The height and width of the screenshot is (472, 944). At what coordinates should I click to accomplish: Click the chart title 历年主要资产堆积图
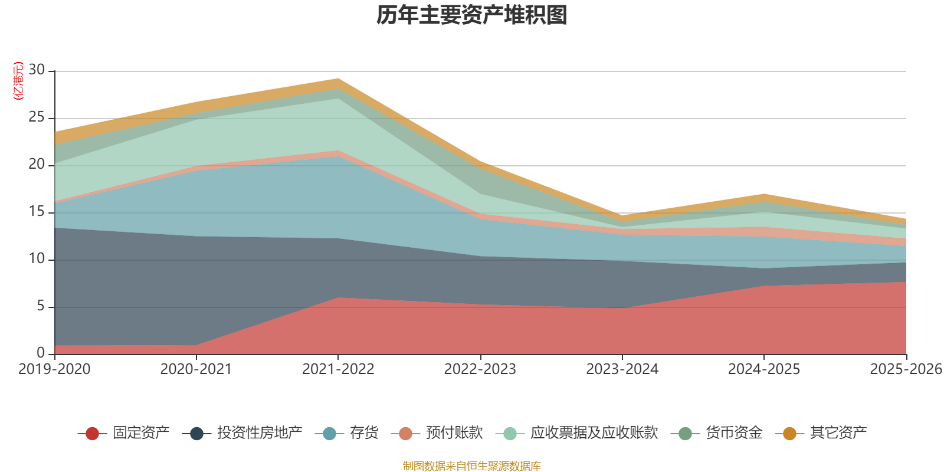click(471, 15)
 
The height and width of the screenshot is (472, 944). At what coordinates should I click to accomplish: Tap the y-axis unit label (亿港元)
click(18, 80)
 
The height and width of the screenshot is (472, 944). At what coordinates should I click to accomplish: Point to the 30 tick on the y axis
click(37, 70)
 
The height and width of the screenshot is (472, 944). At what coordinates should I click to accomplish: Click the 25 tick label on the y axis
click(37, 117)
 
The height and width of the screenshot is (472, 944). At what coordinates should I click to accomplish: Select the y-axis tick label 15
click(37, 212)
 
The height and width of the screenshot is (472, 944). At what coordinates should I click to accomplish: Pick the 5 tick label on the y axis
click(41, 306)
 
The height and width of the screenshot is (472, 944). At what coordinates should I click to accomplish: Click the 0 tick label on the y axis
click(41, 353)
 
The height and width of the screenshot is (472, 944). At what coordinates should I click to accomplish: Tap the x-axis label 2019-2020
click(54, 369)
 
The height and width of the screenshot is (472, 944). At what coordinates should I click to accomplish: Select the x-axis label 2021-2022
click(338, 369)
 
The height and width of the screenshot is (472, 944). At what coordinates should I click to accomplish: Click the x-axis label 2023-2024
click(622, 369)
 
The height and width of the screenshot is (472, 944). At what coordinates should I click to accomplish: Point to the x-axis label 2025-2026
click(906, 369)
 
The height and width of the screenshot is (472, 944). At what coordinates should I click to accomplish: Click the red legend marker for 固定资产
click(92, 433)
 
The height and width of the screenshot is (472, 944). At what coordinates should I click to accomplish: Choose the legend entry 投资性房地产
click(242, 433)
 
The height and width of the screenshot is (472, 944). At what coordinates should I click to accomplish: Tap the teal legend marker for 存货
click(329, 433)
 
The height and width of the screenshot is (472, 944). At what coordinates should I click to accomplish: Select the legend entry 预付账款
click(437, 433)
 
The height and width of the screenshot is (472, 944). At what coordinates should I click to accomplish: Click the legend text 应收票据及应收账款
click(594, 433)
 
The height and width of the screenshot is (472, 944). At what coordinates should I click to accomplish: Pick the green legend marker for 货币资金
click(685, 433)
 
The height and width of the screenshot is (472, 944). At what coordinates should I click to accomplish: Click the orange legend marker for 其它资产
click(789, 433)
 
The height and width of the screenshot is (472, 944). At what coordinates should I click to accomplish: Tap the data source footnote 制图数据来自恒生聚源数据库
click(471, 466)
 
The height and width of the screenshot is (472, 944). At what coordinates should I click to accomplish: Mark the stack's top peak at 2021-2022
click(338, 79)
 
